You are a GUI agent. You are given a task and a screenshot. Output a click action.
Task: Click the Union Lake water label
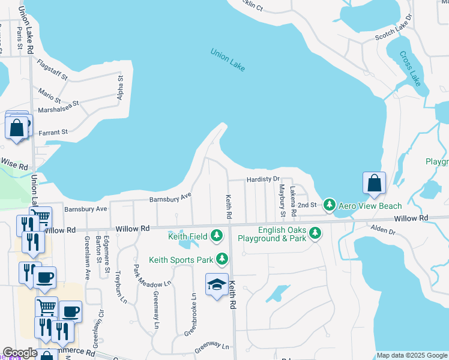228,60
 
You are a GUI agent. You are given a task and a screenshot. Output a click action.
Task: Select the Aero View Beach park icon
330,206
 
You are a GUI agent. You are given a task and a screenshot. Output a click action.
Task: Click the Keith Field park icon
217,236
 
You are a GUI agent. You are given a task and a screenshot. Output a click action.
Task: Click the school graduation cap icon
217,285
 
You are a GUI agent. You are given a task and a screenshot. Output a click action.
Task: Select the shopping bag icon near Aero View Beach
374,183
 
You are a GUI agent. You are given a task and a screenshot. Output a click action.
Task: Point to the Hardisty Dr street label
263,179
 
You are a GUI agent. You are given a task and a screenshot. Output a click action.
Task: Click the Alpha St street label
120,88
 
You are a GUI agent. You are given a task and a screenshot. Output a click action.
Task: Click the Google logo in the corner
20,353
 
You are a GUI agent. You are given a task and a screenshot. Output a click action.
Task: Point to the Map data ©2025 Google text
412,355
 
